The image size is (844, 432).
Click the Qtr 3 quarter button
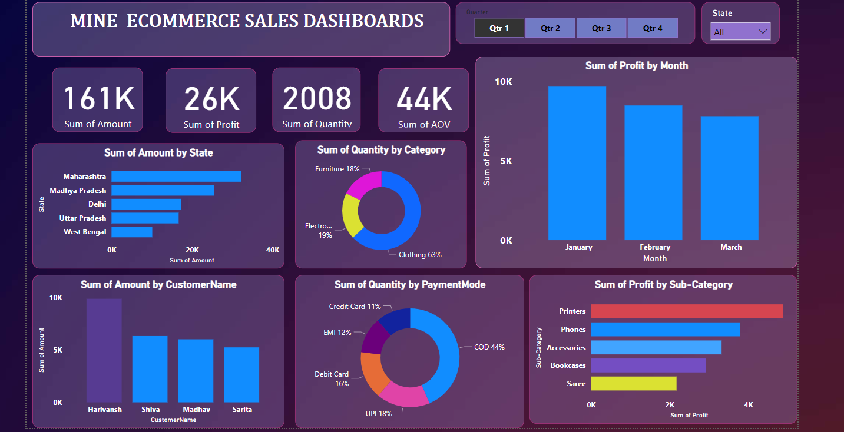(601, 28)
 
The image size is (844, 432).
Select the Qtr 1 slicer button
(499, 28)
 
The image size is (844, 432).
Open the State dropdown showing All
(740, 32)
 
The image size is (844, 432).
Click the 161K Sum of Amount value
(99, 98)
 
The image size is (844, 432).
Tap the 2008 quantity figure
(317, 98)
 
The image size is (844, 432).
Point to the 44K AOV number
(423, 99)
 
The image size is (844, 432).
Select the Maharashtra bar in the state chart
(176, 177)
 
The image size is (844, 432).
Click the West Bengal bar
(132, 232)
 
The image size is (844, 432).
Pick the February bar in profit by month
(653, 173)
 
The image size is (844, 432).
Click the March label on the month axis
(731, 247)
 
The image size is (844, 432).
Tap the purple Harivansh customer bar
(104, 350)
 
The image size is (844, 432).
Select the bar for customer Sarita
(241, 374)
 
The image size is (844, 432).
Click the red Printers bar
(687, 311)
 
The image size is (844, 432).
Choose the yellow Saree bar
(634, 384)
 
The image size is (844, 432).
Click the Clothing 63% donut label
(420, 255)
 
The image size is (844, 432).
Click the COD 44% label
(489, 347)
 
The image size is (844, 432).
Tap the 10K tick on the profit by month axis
(503, 82)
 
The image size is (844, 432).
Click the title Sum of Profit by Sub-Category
(663, 285)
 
